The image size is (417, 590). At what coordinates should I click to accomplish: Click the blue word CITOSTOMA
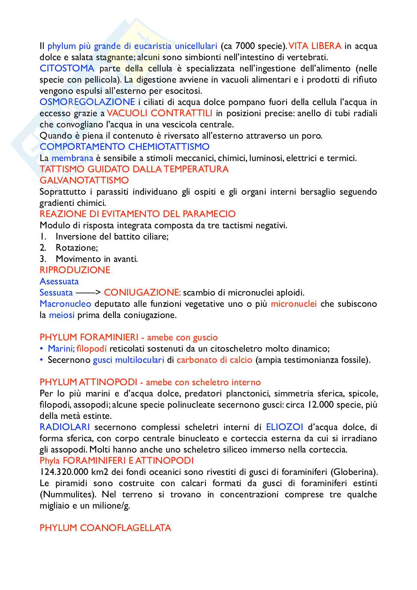click(x=67, y=68)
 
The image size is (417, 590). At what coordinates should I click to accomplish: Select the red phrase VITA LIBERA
click(x=315, y=46)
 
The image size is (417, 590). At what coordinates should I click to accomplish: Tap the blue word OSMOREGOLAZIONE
click(x=87, y=102)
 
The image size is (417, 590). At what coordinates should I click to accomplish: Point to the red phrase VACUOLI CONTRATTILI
click(x=160, y=113)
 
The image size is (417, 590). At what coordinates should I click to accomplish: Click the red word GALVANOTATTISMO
click(x=84, y=180)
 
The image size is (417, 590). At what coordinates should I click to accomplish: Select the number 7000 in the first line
click(x=245, y=46)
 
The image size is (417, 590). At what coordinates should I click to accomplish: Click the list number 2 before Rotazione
click(x=43, y=248)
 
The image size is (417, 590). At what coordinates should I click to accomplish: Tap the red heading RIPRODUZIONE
click(x=75, y=270)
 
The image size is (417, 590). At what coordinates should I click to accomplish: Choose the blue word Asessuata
click(x=59, y=281)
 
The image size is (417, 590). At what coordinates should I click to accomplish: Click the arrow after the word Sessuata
click(x=88, y=293)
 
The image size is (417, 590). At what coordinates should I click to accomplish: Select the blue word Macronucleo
click(x=65, y=304)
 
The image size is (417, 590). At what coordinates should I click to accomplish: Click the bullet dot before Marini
click(x=41, y=349)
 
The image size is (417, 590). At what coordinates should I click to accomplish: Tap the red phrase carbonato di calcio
click(x=214, y=360)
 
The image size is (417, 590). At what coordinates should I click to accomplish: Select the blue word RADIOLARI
click(x=65, y=427)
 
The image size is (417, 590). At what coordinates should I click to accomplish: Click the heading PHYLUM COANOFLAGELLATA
click(x=105, y=528)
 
